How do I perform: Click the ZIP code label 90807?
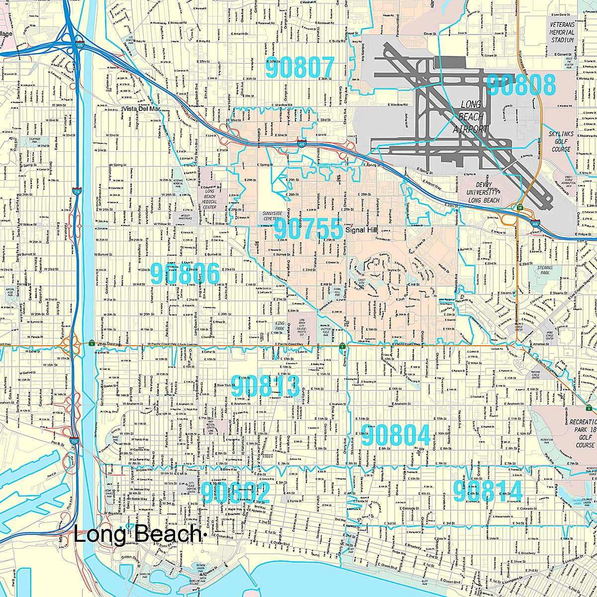click(299, 68)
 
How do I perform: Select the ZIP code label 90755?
click(308, 230)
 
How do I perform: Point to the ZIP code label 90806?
click(185, 274)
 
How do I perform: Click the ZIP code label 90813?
click(266, 387)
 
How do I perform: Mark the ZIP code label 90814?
click(488, 491)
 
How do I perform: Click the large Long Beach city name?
click(137, 535)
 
